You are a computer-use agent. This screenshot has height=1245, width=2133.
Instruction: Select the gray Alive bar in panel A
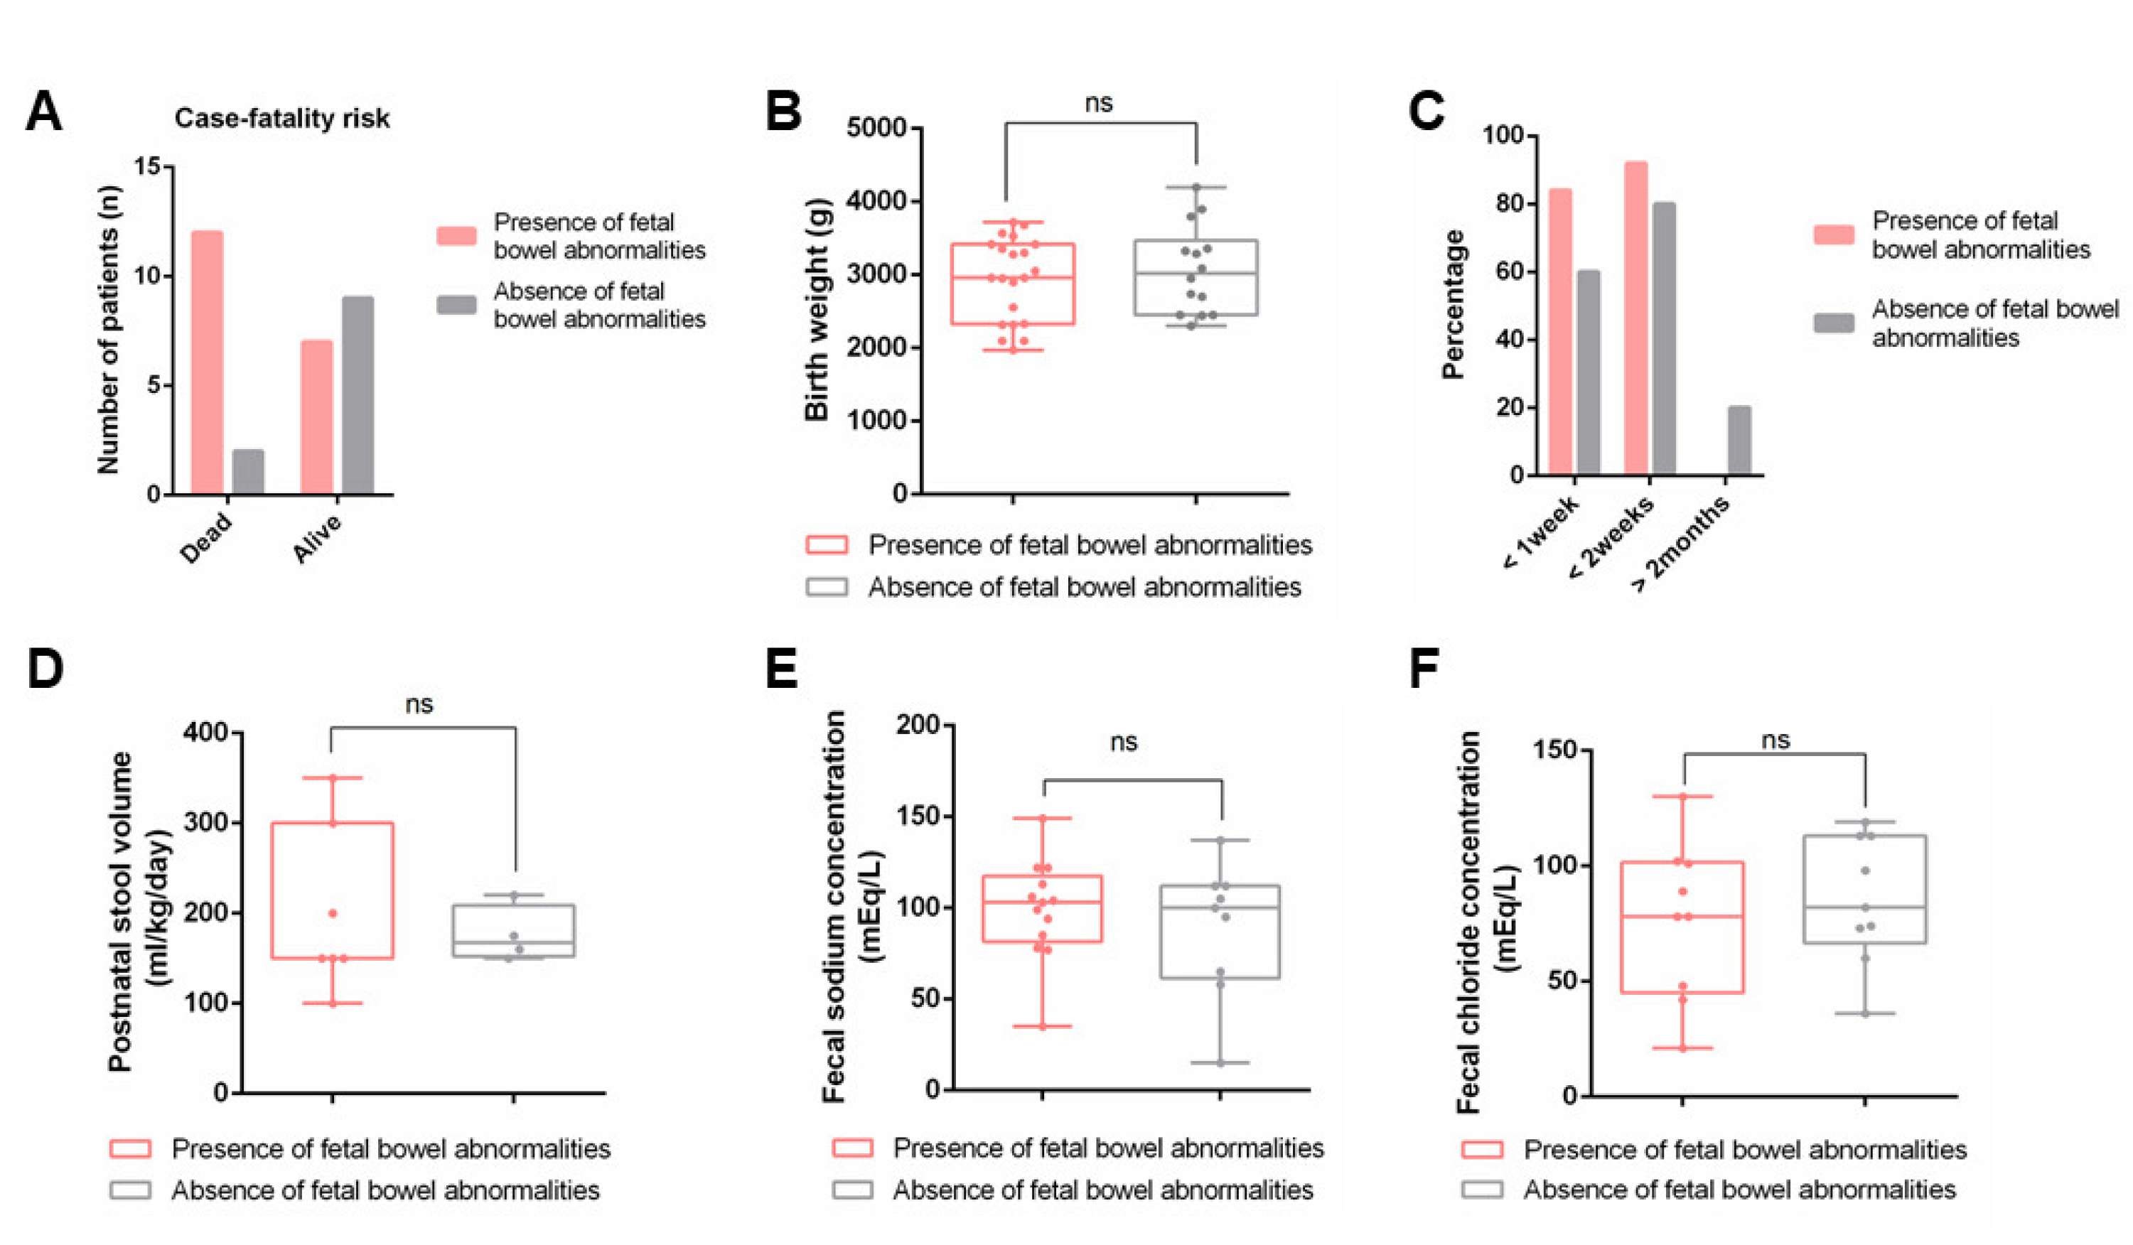(358, 395)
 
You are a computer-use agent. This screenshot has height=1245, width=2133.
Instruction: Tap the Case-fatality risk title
(282, 119)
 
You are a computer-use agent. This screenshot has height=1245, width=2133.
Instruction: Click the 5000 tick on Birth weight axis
(876, 129)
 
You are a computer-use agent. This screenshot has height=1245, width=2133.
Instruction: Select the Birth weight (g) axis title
(817, 309)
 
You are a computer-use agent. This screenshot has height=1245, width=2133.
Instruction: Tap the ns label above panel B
(1099, 103)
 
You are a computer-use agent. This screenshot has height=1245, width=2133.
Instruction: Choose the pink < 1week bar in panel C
(1560, 331)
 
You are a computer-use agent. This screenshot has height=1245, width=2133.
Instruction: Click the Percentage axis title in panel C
(1454, 305)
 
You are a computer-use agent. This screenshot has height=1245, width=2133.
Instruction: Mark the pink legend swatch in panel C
(1833, 235)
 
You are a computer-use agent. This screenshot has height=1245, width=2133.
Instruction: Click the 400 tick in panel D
(205, 732)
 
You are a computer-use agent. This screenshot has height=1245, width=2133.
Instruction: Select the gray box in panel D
(514, 931)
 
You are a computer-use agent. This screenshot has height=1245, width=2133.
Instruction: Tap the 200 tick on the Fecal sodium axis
(918, 726)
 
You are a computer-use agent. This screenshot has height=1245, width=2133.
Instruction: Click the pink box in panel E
(1042, 909)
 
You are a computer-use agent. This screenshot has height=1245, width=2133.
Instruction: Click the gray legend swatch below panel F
(1482, 1189)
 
